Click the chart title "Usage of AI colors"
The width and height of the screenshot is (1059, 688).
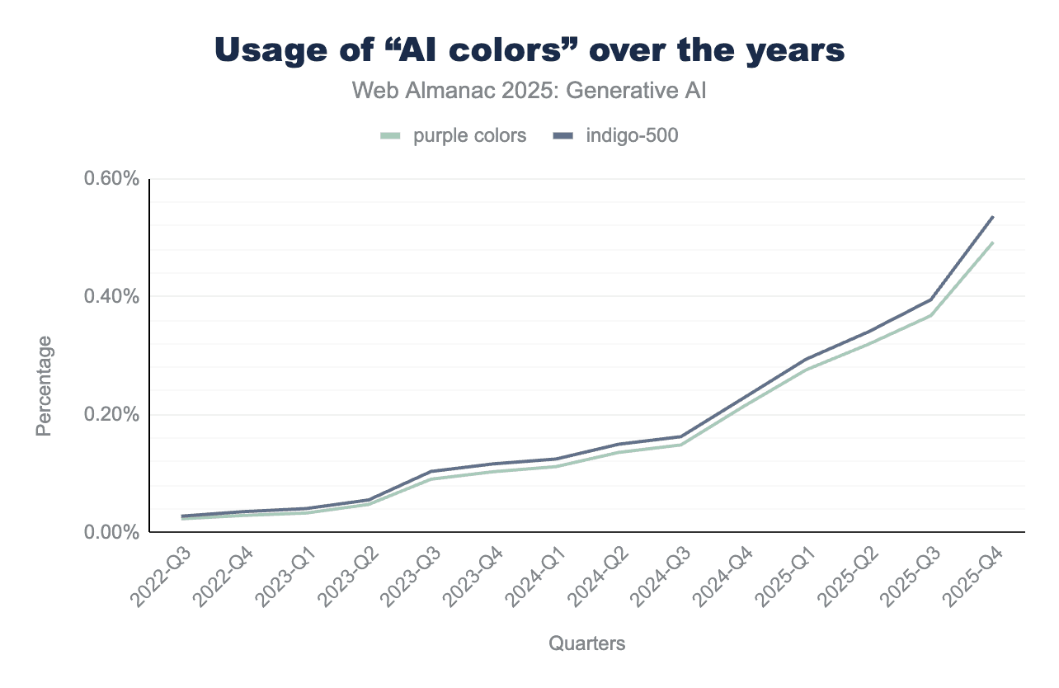coord(529,50)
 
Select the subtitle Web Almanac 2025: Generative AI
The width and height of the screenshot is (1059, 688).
coord(529,90)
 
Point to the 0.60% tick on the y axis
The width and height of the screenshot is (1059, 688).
coord(111,178)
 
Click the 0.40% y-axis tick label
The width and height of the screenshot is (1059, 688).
coord(111,296)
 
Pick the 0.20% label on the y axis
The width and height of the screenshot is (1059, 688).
coord(111,414)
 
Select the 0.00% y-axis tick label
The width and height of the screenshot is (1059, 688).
coord(111,532)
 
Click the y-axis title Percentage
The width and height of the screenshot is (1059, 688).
coord(45,385)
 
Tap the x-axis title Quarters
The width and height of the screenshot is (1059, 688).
coord(586,643)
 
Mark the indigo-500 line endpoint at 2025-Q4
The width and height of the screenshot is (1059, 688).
coord(992,217)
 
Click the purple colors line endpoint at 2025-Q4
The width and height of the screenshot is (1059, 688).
coord(992,243)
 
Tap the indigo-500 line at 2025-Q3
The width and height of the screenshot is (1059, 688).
coord(930,299)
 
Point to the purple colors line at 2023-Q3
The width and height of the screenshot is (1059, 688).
coord(431,479)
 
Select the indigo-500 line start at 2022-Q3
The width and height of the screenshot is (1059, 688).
coord(182,516)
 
